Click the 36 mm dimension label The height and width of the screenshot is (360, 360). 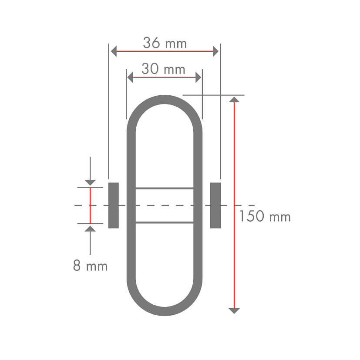click(x=165, y=44)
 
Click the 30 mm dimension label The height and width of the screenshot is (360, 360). click(x=163, y=69)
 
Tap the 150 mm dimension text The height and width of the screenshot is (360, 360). click(x=265, y=216)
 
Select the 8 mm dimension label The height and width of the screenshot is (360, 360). click(x=90, y=266)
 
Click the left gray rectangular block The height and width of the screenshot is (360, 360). click(x=113, y=205)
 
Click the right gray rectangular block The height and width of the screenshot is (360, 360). click(x=215, y=205)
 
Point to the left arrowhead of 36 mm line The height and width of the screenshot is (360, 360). click(x=114, y=52)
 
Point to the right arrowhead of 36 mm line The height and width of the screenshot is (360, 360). click(x=215, y=52)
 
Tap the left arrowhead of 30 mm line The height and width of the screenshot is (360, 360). click(x=129, y=77)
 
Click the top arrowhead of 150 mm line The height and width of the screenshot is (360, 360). click(x=234, y=100)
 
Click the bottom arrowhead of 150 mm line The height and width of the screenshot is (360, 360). click(x=234, y=310)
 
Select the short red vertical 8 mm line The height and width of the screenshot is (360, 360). click(x=90, y=205)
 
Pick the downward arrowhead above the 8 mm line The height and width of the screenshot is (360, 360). click(x=90, y=182)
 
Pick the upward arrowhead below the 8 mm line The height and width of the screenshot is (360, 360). click(x=90, y=229)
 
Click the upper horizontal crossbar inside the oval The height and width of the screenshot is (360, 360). click(x=165, y=188)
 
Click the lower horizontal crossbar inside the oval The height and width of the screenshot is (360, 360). click(x=165, y=222)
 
